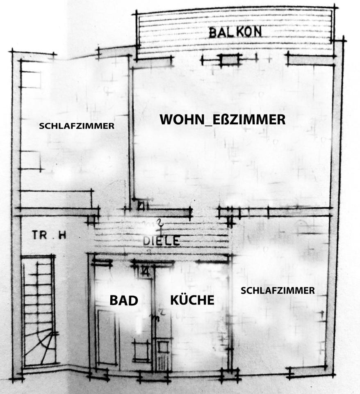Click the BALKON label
click(235, 32)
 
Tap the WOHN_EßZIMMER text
click(222, 119)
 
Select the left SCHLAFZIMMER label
click(77, 126)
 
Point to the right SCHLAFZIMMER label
click(278, 291)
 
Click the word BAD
click(123, 300)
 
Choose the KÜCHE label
click(192, 300)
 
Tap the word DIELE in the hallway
click(161, 241)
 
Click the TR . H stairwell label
click(49, 235)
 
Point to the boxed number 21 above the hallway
click(141, 206)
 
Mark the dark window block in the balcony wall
click(230, 60)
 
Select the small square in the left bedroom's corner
click(31, 80)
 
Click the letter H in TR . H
click(62, 235)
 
